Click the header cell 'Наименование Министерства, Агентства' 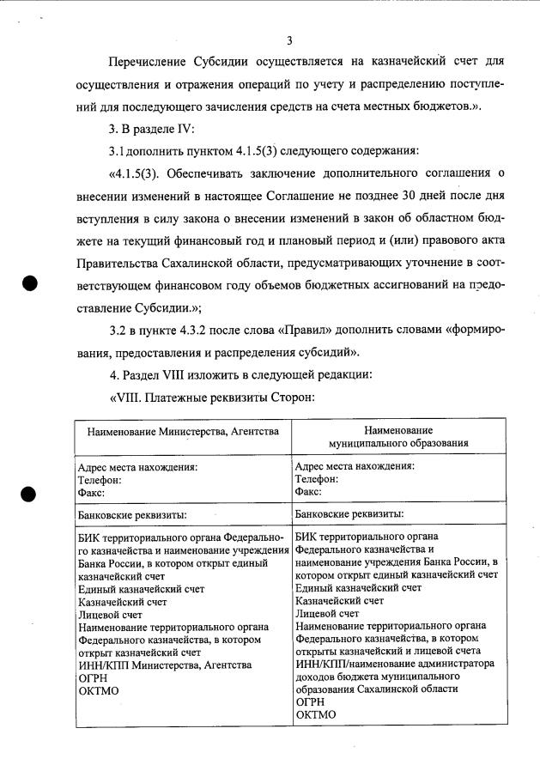tap(183, 431)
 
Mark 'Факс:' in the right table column tap(308, 492)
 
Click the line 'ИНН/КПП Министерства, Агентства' tap(164, 665)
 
